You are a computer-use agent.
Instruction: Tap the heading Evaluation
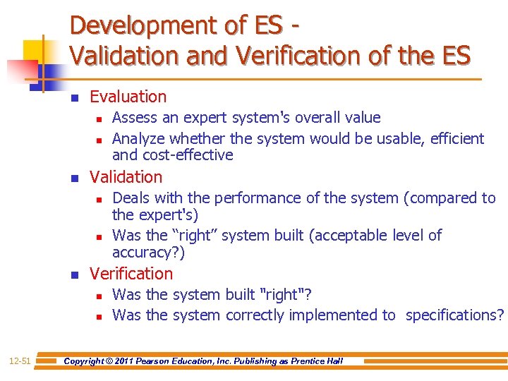click(x=128, y=97)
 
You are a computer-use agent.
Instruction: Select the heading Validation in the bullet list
click(x=126, y=177)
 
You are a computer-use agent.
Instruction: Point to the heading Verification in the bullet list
click(x=131, y=274)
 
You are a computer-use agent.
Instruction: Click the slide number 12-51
click(x=19, y=361)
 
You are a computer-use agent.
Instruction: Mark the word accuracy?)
click(x=148, y=253)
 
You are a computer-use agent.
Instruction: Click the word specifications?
click(x=455, y=315)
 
